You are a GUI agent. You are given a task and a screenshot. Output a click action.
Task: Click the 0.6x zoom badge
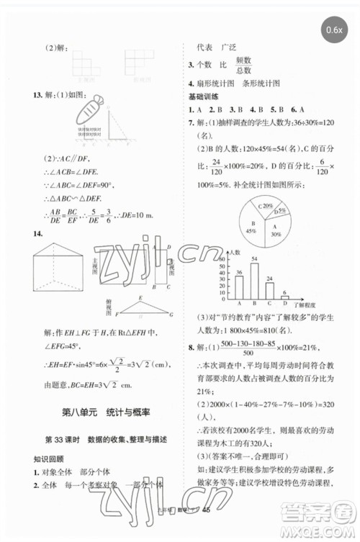point(335,30)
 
